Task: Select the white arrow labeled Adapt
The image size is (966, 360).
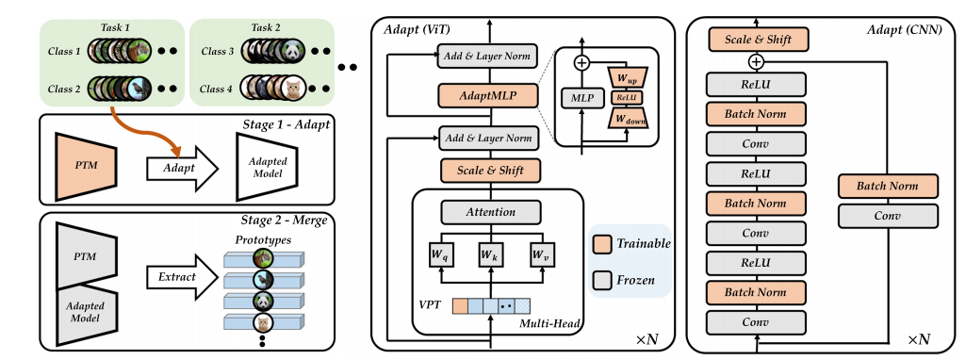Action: [180, 168]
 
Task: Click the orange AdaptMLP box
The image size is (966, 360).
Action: [488, 95]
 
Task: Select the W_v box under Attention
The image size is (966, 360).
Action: [540, 254]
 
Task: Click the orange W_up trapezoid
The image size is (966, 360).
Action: [627, 76]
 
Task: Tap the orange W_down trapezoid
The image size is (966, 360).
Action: [627, 119]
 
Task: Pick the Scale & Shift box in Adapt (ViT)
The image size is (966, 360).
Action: [488, 172]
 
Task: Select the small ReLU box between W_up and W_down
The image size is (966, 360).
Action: [627, 97]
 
